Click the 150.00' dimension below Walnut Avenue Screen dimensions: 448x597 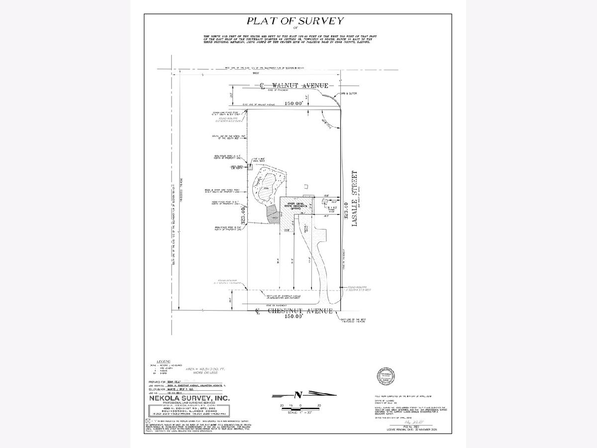pyautogui.click(x=294, y=104)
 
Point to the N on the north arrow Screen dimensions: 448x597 pyautogui.click(x=298, y=395)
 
